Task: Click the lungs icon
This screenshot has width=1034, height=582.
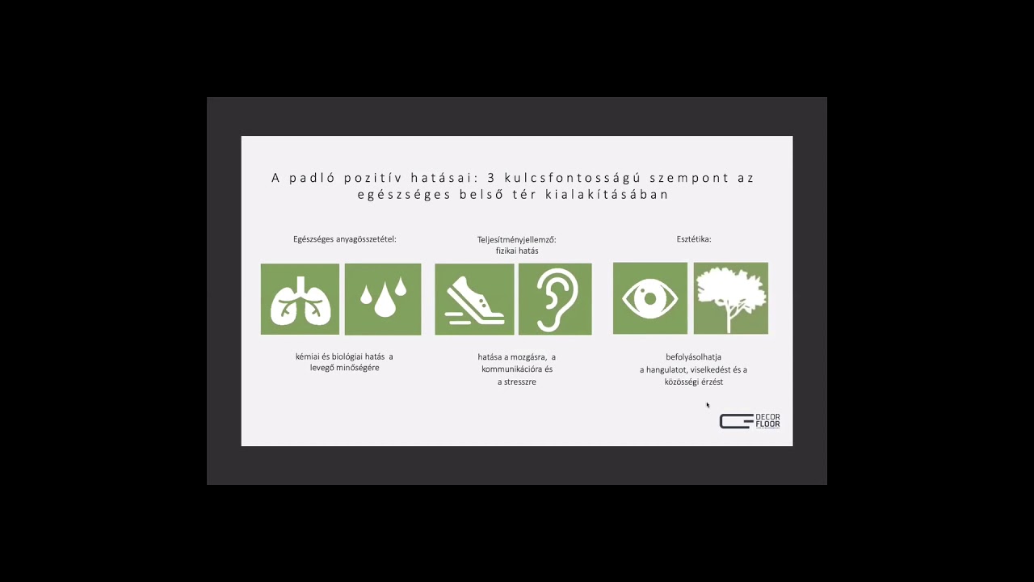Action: [300, 299]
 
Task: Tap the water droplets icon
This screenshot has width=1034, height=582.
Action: [383, 299]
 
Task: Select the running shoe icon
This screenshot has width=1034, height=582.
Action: [474, 299]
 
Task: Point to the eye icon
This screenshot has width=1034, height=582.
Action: [650, 298]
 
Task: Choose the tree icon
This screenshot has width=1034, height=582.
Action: [731, 298]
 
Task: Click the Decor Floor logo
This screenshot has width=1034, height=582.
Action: [750, 421]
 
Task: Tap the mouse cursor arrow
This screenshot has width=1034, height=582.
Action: [707, 405]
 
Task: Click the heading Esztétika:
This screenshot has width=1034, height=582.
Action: [694, 239]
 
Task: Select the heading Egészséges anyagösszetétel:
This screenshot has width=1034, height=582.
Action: [345, 239]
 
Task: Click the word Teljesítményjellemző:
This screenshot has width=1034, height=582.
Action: [516, 240]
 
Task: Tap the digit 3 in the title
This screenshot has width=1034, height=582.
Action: [491, 178]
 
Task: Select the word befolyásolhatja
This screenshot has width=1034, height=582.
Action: [693, 357]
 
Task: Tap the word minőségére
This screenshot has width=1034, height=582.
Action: [358, 368]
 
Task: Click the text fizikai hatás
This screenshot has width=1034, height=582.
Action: [517, 251]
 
